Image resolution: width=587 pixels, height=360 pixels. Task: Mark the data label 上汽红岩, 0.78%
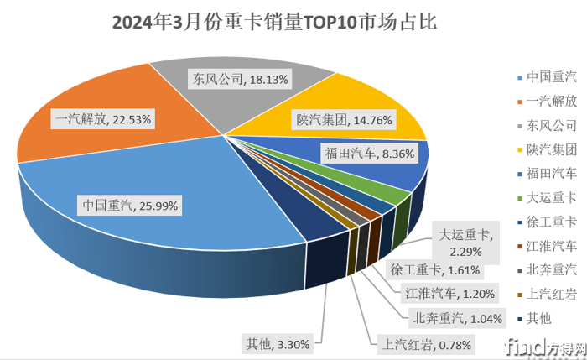[428, 344]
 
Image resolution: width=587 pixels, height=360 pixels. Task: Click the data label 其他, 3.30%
[278, 343]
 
